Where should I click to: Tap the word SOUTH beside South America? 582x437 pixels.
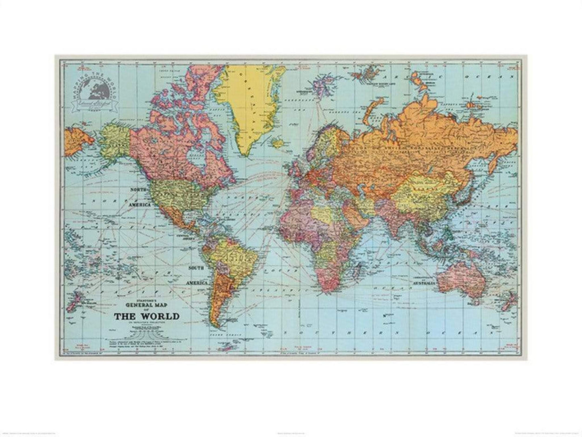[x=197, y=267]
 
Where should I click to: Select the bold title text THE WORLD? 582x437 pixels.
[x=146, y=316]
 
